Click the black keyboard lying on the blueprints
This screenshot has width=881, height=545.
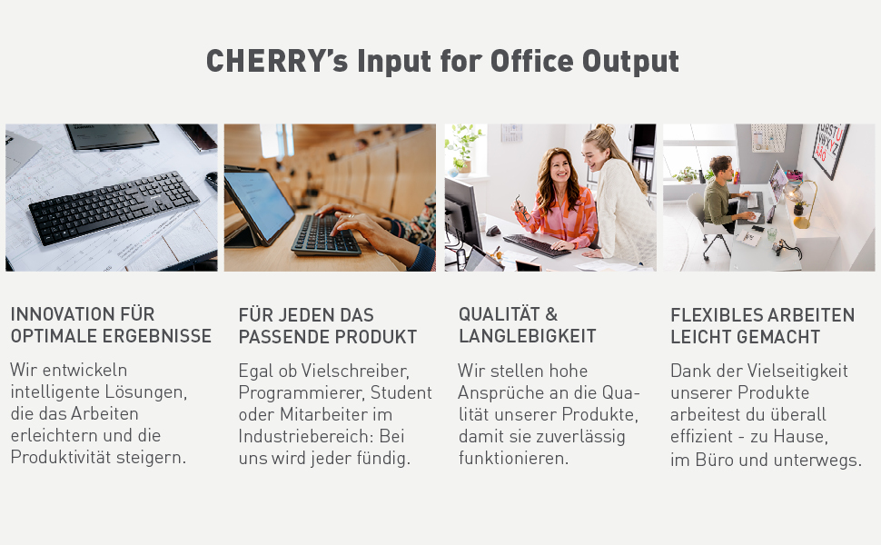point(114,205)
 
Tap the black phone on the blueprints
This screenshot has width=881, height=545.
point(198,137)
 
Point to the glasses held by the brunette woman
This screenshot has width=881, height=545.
point(520,210)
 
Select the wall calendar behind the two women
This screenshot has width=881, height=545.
point(511,133)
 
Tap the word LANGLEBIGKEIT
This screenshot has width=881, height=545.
point(527,336)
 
